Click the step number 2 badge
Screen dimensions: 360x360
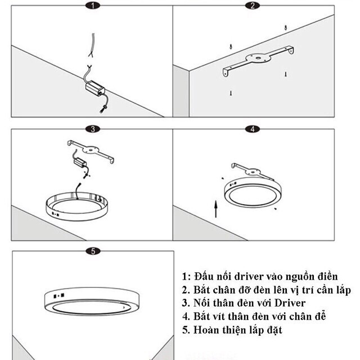(x=253, y=6)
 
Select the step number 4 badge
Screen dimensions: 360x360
(x=253, y=129)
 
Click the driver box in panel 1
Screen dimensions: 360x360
(x=94, y=87)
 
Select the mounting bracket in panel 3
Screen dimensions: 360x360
(x=90, y=151)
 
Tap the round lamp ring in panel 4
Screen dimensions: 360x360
(x=252, y=192)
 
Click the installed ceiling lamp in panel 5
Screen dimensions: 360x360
(x=90, y=301)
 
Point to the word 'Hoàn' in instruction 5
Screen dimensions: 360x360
(x=205, y=330)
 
